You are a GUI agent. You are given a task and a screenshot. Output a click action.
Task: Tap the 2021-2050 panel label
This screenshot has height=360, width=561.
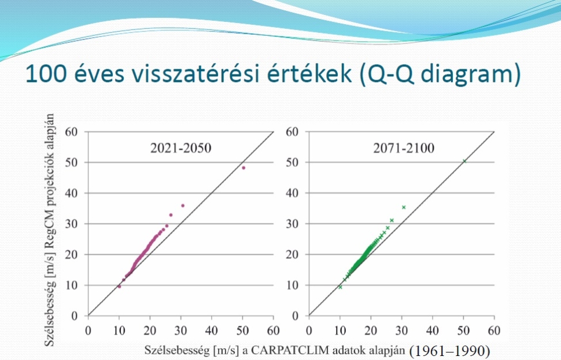point(180,148)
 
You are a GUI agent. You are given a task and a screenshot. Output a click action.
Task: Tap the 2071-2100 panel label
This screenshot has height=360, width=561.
point(404,148)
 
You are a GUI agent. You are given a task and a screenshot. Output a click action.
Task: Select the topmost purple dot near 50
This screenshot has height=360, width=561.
point(243,168)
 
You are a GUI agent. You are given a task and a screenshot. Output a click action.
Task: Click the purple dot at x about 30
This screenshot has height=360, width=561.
point(183,206)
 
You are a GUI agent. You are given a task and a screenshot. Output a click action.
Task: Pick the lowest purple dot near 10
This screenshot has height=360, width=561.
point(119,287)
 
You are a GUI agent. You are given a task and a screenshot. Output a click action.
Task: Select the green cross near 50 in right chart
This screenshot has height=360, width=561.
point(464,161)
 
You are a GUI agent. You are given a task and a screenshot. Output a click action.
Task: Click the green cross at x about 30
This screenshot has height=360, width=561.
point(404,207)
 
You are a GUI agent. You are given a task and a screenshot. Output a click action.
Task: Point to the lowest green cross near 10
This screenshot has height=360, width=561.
point(340,287)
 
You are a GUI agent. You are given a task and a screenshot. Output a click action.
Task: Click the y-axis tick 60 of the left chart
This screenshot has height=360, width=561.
point(71,132)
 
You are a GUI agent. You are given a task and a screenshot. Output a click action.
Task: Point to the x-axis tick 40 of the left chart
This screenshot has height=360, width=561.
point(212,331)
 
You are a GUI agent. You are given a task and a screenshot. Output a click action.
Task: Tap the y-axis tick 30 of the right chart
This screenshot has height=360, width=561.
point(292,224)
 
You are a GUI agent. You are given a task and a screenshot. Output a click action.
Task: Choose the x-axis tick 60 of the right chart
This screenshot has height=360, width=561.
point(494,331)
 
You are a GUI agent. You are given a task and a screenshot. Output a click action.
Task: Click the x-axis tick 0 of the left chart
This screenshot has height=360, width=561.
point(88,331)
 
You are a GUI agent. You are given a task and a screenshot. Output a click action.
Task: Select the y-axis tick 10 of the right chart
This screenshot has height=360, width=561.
point(292,285)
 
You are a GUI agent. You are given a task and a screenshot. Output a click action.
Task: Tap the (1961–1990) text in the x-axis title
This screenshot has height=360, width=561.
point(449,351)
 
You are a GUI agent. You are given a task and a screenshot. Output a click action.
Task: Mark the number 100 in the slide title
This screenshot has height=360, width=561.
point(46,73)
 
